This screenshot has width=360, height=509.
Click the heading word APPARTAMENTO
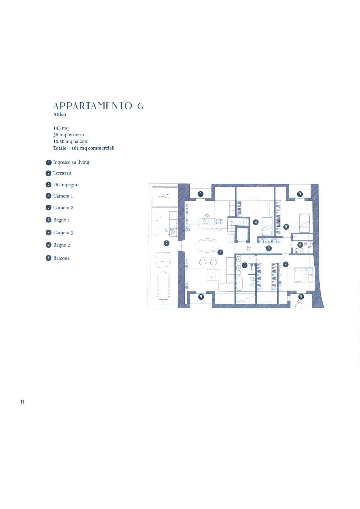(x=93, y=106)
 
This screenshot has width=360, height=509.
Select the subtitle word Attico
(x=60, y=115)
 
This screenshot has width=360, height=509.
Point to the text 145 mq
(x=61, y=128)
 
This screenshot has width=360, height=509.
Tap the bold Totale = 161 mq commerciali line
(x=84, y=148)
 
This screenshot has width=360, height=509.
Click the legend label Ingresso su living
(x=71, y=162)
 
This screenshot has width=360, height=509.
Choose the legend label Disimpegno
(x=66, y=185)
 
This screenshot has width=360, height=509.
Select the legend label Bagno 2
(x=62, y=245)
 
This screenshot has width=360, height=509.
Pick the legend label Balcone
(x=61, y=258)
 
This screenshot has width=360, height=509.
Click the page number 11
(x=22, y=402)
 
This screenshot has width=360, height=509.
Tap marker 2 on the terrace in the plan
(x=167, y=243)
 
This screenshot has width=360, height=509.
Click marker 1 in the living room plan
(x=220, y=252)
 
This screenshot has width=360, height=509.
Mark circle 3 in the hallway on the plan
(x=269, y=248)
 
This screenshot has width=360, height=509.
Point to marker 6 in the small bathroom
(x=300, y=245)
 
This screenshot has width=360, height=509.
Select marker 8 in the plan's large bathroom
(x=245, y=265)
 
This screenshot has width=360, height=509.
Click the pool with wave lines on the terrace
(x=164, y=196)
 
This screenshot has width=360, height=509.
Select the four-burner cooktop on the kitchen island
(x=219, y=221)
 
